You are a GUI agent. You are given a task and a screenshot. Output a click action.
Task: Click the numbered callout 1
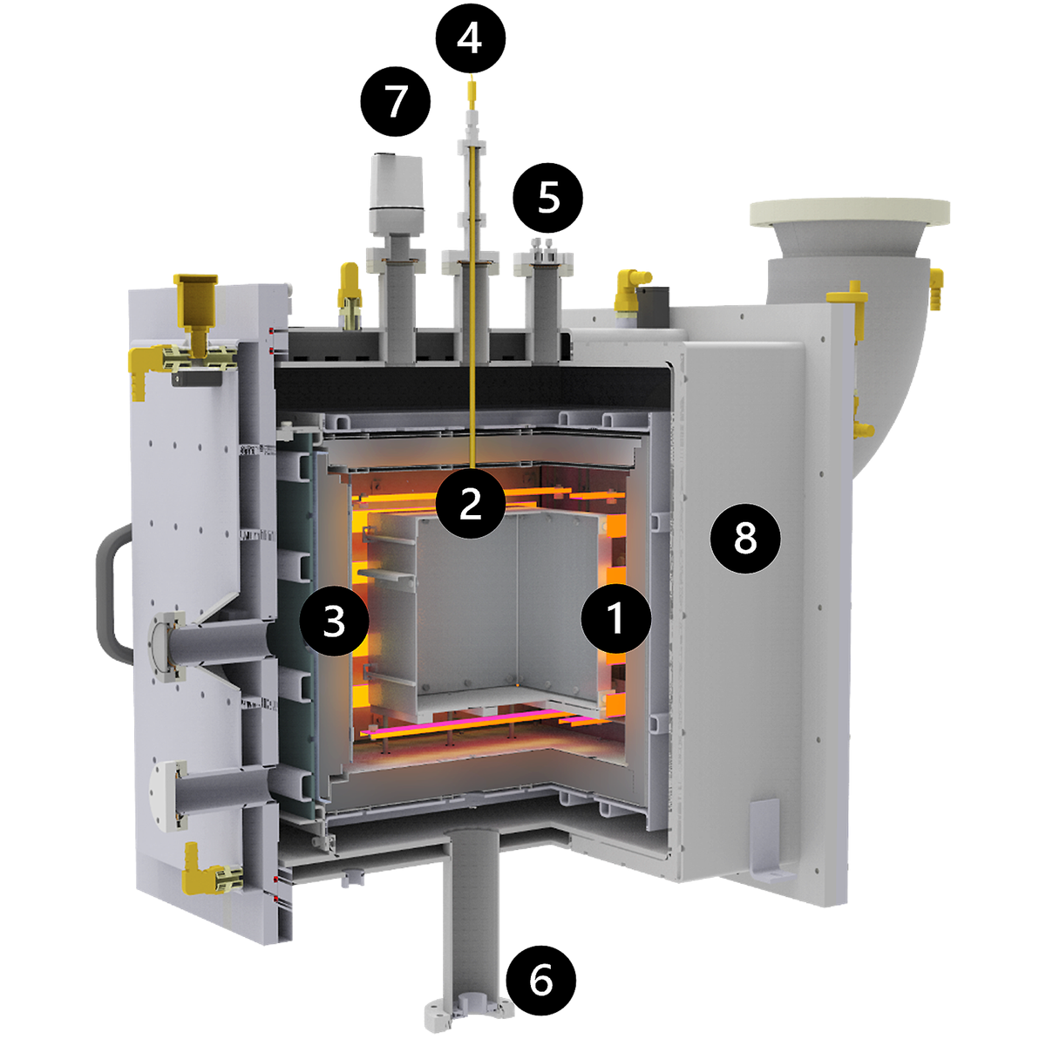[615, 618]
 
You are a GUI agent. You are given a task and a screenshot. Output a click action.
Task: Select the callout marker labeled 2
[471, 503]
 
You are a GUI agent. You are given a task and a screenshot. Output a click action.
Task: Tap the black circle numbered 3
[335, 621]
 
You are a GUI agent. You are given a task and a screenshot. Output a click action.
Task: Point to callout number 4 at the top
[471, 38]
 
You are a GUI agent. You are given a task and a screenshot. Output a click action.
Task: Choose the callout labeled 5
[548, 198]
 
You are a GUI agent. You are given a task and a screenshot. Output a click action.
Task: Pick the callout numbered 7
[396, 101]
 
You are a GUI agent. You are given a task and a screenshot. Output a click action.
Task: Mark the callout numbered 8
[745, 539]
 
